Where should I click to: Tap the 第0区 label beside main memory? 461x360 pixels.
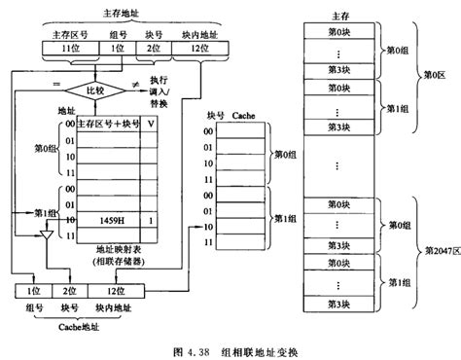click(435, 73)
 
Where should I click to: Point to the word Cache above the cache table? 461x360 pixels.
click(243, 114)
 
